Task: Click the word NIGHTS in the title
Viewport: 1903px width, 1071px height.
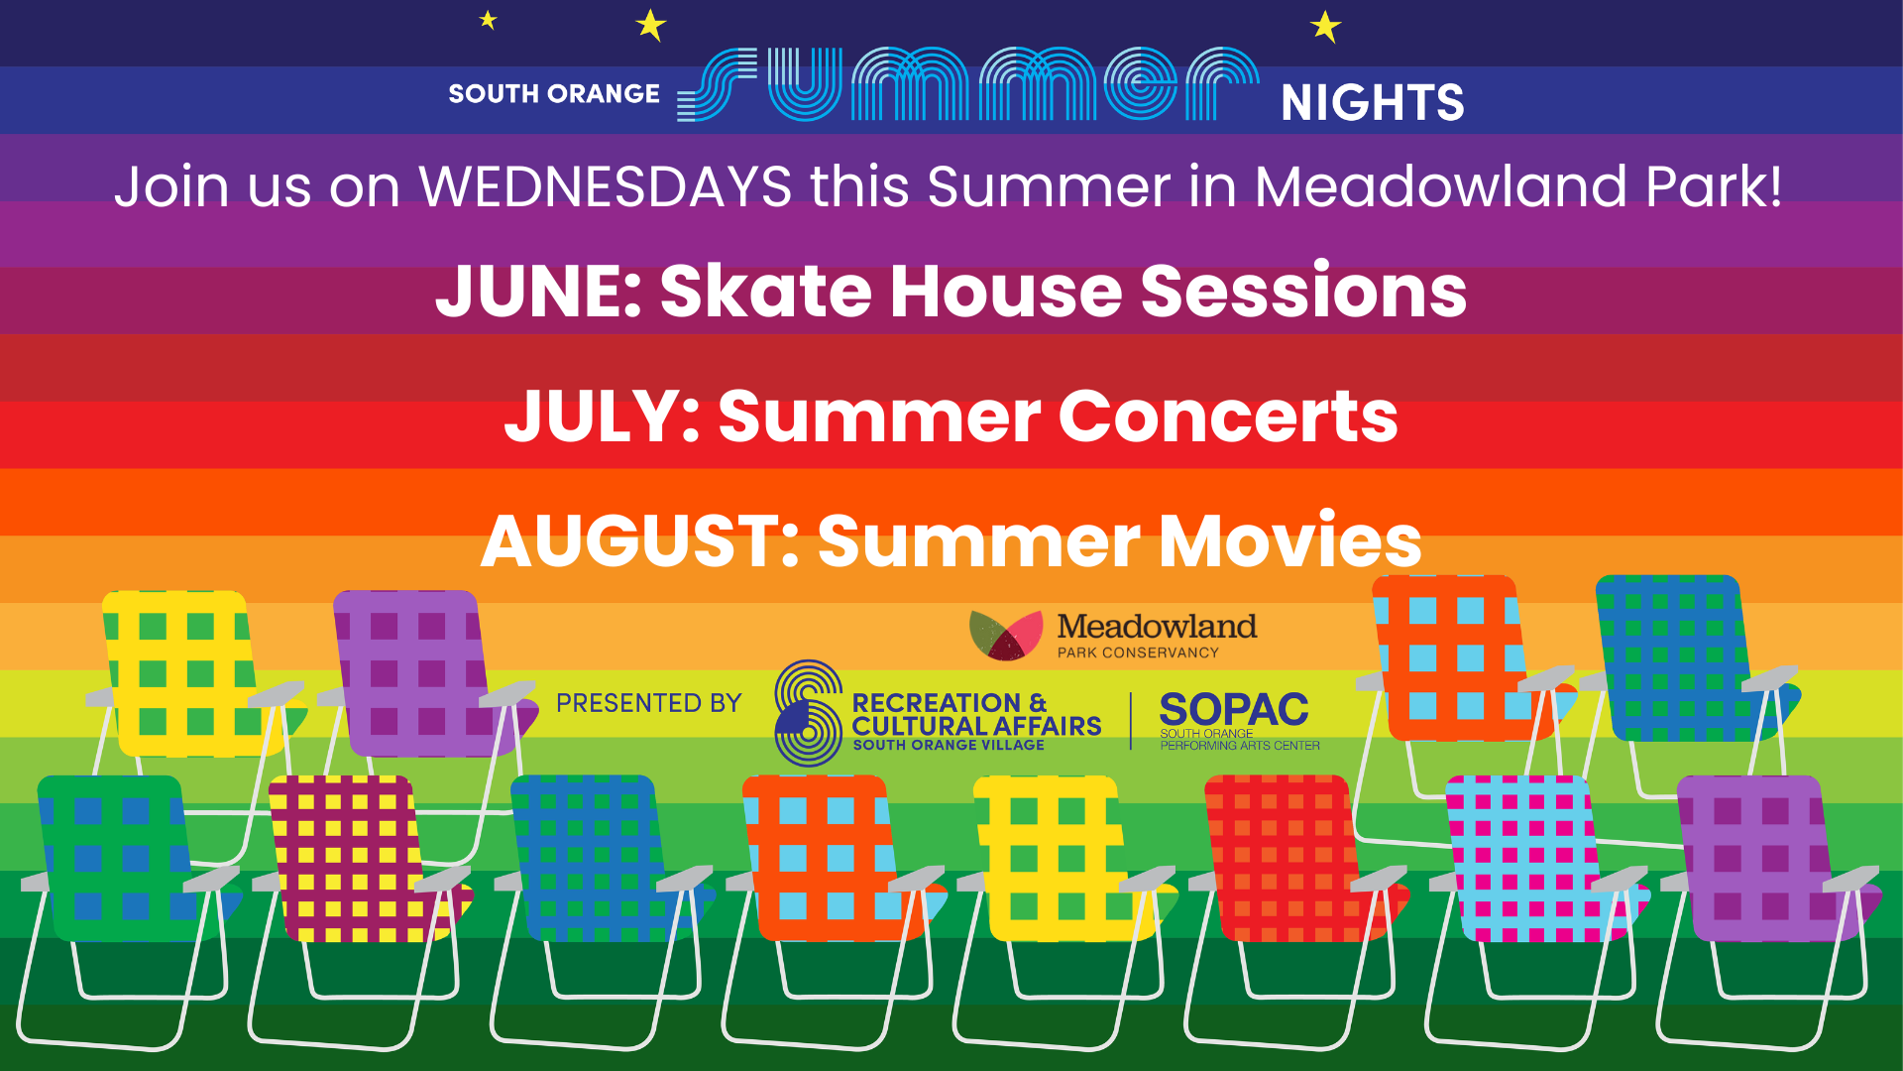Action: pos(1372,102)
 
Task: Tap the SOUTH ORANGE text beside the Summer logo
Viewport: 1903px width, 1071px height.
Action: pos(553,94)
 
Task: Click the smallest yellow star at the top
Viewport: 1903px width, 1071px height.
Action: pos(488,19)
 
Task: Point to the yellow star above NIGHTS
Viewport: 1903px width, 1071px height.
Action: pos(1325,26)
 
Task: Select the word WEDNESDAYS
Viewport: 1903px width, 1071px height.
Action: pos(605,186)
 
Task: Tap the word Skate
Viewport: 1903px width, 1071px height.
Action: pos(764,292)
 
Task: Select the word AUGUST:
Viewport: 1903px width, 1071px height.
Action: pos(639,541)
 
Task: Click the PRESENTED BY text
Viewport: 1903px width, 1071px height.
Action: pos(648,703)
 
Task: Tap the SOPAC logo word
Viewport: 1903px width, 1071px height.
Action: pos(1234,709)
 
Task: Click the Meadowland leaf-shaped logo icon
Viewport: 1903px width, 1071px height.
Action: pos(1005,635)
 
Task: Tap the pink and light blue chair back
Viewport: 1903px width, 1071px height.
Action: pos(1521,858)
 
